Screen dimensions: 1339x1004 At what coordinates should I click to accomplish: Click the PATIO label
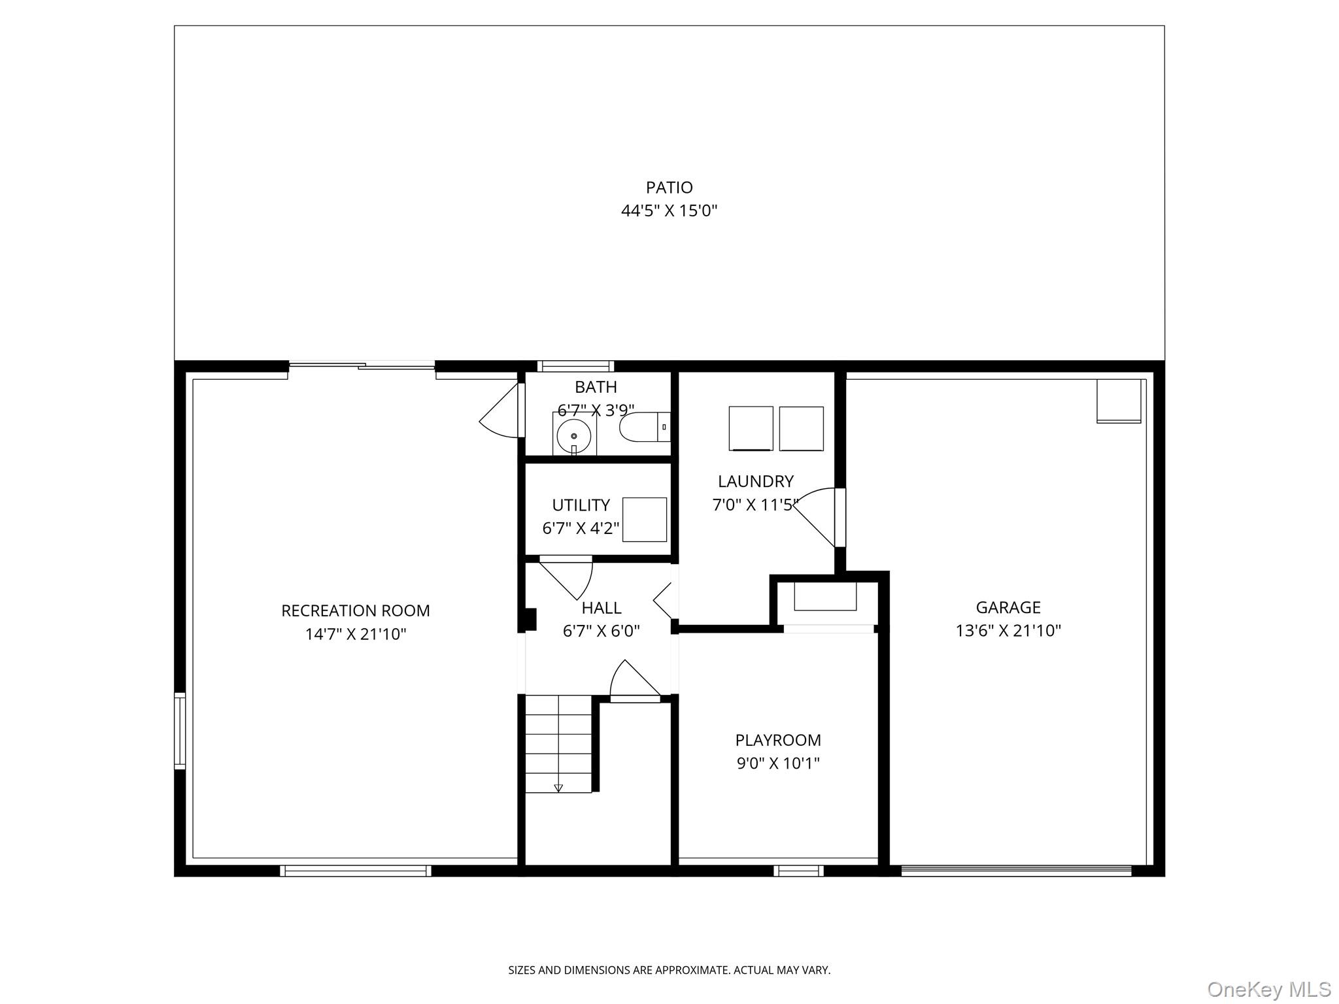point(669,188)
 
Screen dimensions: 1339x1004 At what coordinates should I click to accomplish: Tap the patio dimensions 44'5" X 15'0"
point(669,210)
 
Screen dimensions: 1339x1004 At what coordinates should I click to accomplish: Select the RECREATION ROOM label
point(356,611)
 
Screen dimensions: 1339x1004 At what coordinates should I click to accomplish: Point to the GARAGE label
point(1008,607)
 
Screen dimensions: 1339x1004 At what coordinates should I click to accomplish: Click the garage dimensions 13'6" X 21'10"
point(1008,630)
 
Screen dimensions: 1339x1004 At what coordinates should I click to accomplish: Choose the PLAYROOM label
point(778,740)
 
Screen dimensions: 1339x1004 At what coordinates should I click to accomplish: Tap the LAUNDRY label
point(756,481)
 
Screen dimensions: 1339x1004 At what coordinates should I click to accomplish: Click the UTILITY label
point(581,505)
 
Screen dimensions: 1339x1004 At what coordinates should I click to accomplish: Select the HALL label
point(602,608)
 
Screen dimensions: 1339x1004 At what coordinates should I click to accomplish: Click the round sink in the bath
point(574,435)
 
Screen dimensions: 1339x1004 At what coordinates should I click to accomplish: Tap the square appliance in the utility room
point(645,520)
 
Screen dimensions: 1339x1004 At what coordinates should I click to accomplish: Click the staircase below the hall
point(558,744)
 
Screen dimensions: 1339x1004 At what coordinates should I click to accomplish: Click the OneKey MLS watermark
point(1269,989)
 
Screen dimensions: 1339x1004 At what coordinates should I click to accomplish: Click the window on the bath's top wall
point(575,366)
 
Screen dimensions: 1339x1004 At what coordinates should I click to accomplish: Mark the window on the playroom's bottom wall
point(798,871)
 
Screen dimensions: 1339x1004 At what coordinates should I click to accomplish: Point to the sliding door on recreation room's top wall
point(362,366)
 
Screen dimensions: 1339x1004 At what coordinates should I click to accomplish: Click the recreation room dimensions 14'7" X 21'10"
point(356,634)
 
